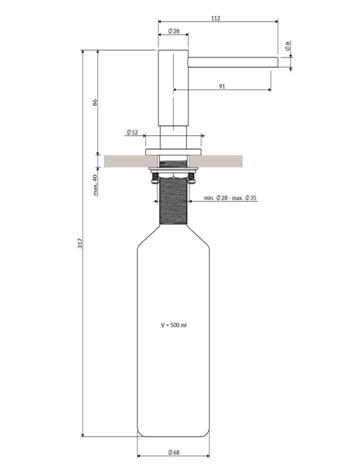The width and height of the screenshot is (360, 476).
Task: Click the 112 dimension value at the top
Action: (215, 18)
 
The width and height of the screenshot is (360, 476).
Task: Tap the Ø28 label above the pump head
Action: (174, 31)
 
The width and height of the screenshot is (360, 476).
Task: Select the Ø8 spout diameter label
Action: (287, 46)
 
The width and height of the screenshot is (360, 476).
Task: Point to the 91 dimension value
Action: (222, 86)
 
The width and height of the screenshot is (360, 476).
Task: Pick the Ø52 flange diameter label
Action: (132, 132)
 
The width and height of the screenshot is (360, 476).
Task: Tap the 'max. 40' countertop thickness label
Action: (95, 185)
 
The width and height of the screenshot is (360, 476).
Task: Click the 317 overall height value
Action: (80, 243)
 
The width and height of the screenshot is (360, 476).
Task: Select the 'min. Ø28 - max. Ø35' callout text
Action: (230, 198)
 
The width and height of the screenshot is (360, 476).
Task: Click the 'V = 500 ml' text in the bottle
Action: (174, 325)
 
